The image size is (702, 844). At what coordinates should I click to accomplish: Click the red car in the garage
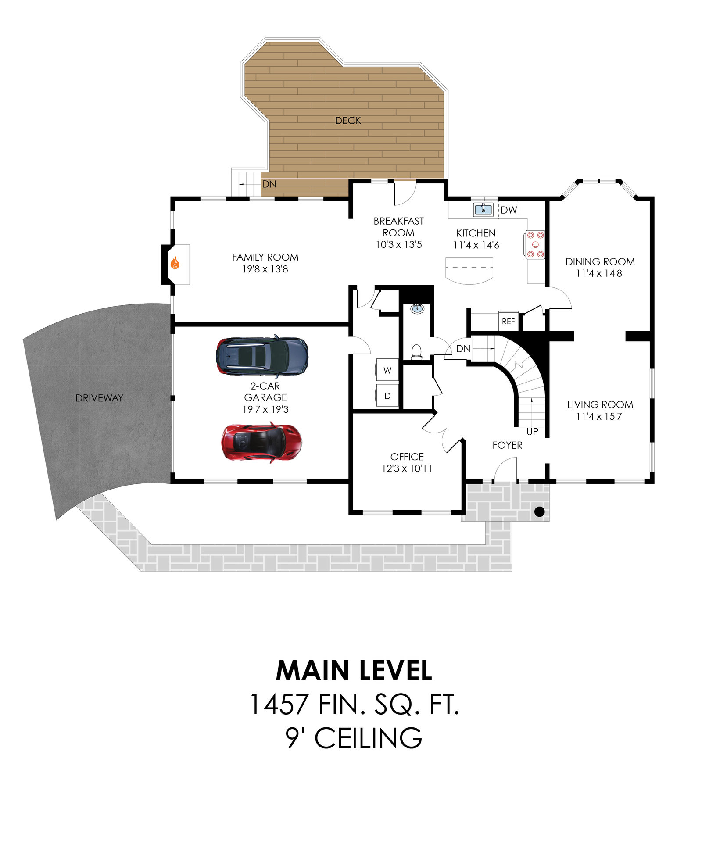click(261, 442)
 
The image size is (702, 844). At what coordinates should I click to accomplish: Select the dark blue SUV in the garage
click(262, 357)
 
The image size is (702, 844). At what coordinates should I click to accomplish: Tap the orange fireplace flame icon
click(175, 263)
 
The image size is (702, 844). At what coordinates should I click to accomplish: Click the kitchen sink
click(483, 209)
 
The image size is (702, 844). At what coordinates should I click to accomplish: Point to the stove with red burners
click(535, 244)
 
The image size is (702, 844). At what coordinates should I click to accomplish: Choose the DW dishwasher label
click(509, 210)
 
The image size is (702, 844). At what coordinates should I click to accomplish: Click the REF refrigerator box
click(509, 322)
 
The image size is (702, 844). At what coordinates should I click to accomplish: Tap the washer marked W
click(387, 370)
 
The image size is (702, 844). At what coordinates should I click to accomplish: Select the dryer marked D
click(387, 396)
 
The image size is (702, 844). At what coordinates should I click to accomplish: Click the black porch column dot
click(539, 511)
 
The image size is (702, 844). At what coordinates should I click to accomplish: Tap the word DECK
click(348, 121)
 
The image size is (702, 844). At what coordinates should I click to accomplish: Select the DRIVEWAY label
click(99, 398)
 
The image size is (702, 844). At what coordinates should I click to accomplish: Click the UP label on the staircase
click(532, 432)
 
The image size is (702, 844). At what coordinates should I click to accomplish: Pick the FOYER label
click(507, 445)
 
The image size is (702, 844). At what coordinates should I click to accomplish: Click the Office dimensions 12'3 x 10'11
click(407, 468)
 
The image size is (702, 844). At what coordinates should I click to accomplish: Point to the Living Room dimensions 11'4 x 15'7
click(599, 416)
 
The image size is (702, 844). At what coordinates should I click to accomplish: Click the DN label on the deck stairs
click(269, 184)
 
